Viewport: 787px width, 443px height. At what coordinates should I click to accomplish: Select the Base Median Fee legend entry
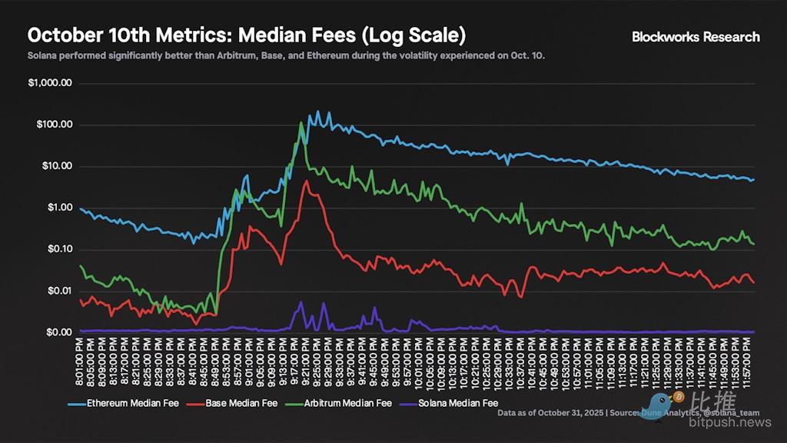[x=238, y=402]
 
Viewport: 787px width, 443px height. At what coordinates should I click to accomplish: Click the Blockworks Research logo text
[x=696, y=36]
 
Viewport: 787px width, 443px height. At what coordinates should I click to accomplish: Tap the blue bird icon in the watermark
[x=659, y=402]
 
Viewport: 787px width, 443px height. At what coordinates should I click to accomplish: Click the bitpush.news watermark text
[x=729, y=422]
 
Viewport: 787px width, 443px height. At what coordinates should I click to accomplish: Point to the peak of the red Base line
[x=307, y=182]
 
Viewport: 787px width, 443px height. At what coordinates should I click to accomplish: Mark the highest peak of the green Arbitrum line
[x=301, y=122]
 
